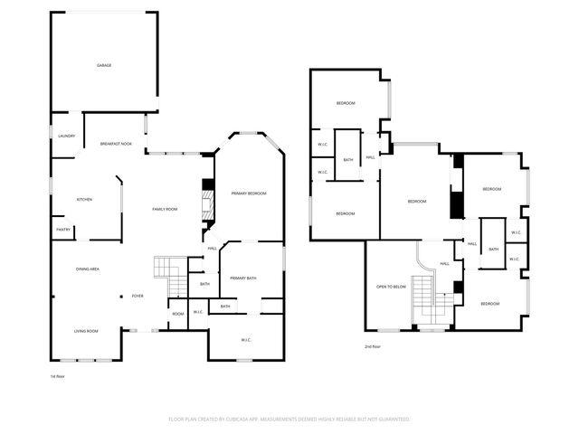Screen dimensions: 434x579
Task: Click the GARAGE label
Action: point(104,65)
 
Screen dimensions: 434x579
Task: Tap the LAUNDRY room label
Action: point(66,136)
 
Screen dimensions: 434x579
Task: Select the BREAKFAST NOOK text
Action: point(116,144)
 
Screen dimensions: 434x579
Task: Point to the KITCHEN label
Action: point(84,199)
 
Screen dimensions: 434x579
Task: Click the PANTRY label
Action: point(63,230)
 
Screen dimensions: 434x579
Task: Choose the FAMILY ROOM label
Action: point(164,209)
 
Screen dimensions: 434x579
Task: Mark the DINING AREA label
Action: point(87,269)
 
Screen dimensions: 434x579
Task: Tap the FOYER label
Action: point(138,296)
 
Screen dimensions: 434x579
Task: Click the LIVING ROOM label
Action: point(86,331)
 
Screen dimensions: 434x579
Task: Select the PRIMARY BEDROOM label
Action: point(248,193)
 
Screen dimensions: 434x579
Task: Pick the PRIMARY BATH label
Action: point(243,278)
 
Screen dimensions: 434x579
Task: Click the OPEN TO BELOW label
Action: point(391,286)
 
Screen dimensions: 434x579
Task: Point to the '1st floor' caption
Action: point(58,375)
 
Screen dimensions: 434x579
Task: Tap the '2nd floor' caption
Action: point(372,346)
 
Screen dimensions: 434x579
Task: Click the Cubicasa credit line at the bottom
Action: point(289,420)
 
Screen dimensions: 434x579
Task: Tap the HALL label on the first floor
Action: point(212,249)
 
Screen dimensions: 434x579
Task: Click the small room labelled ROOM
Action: point(177,314)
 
